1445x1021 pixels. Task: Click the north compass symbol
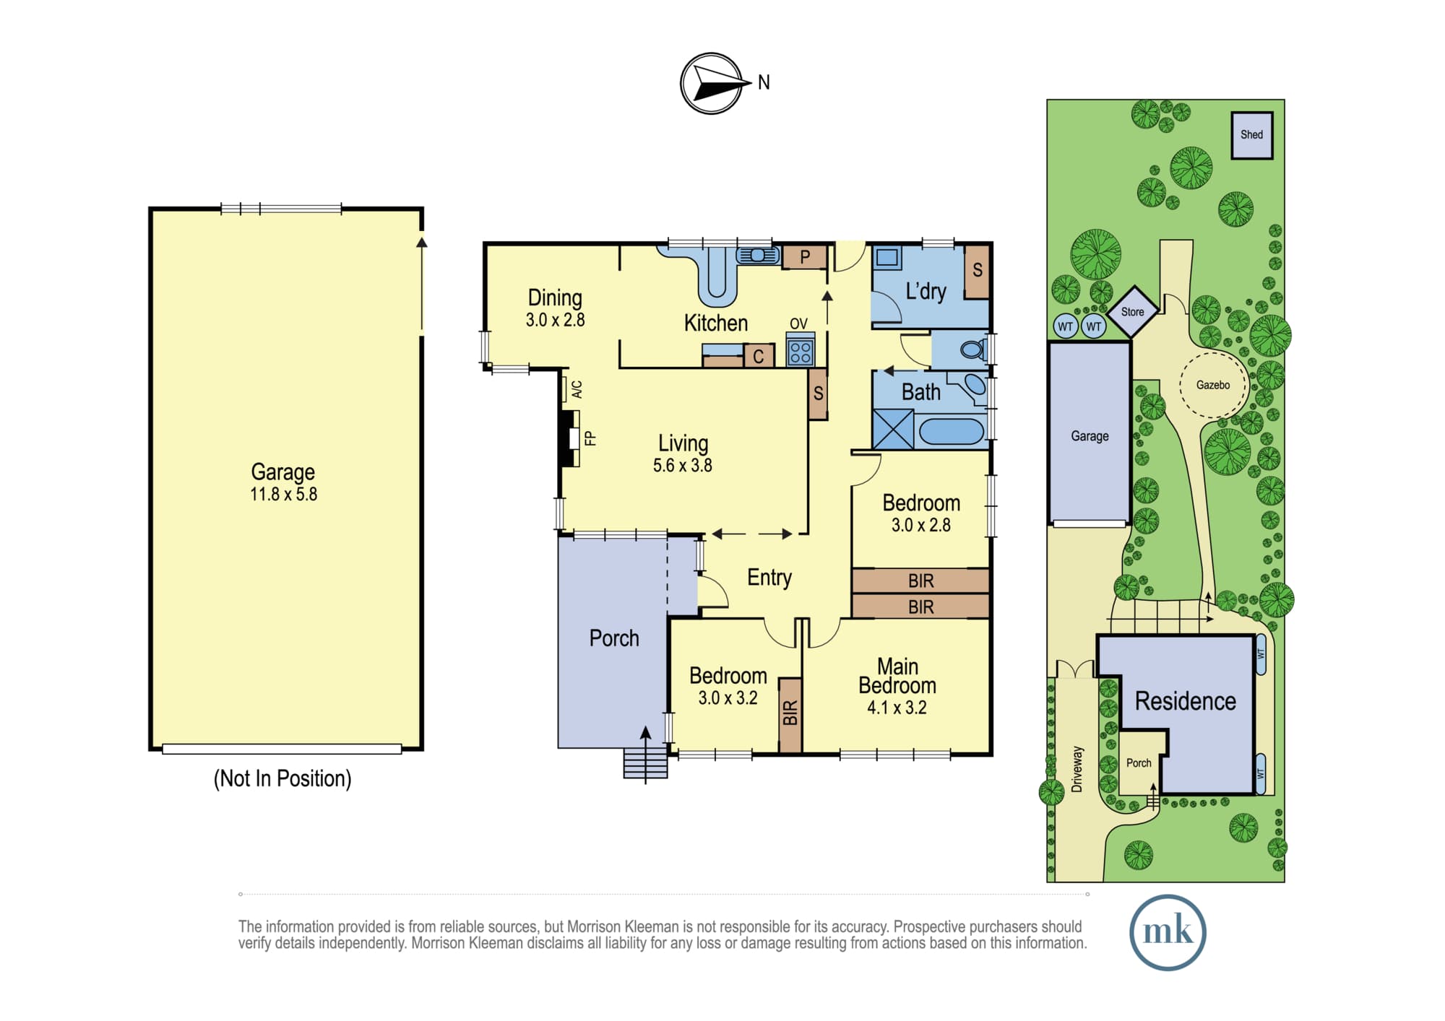click(x=712, y=84)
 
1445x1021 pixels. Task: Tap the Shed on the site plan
click(x=1252, y=135)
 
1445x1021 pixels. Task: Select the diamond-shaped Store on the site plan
click(x=1132, y=312)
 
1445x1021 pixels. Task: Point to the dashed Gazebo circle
click(x=1213, y=385)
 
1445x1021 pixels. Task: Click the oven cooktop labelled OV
click(x=801, y=350)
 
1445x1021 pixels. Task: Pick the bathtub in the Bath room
click(x=952, y=431)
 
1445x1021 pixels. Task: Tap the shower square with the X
click(x=893, y=430)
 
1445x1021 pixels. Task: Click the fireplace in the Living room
click(x=571, y=438)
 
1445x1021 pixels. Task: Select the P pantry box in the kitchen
click(x=804, y=257)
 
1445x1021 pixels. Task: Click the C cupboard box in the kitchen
click(x=759, y=356)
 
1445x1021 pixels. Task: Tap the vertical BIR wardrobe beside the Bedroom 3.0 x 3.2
click(x=790, y=715)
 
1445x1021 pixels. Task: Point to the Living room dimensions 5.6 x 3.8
click(x=683, y=466)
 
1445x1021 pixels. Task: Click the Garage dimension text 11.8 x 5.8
click(x=284, y=495)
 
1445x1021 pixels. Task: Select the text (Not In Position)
click(x=282, y=778)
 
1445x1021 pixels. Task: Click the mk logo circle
click(x=1168, y=932)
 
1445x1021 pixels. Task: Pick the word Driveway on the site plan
click(x=1077, y=770)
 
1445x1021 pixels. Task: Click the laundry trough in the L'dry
click(x=887, y=258)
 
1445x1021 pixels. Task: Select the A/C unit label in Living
click(x=577, y=390)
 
